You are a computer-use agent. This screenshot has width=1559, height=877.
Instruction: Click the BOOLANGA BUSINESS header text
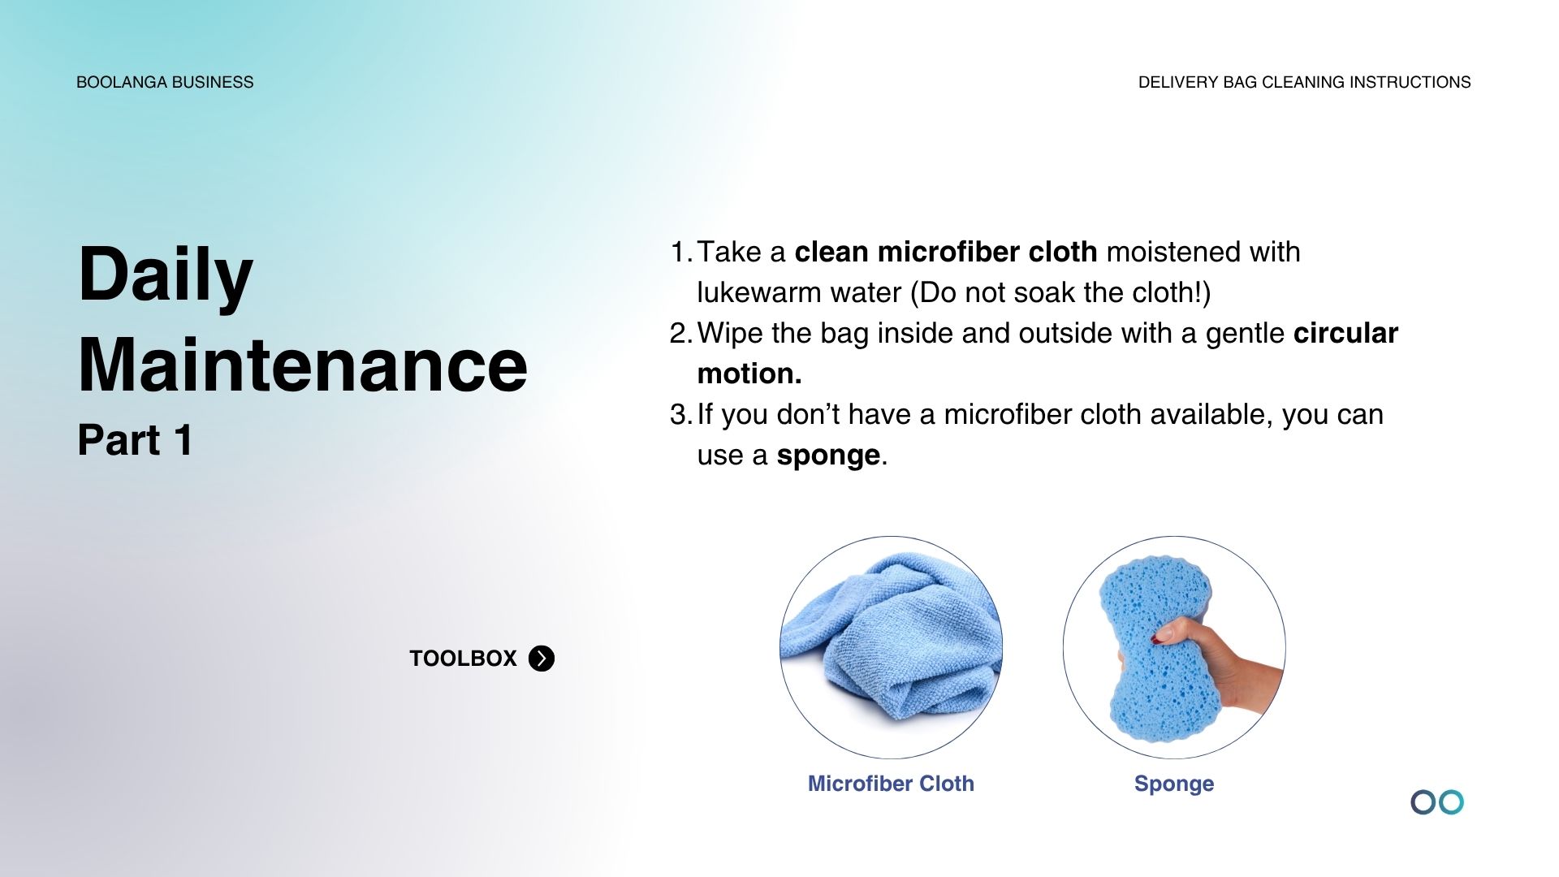tap(165, 82)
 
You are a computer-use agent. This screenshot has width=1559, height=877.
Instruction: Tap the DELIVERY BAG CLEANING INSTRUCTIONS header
tap(1304, 82)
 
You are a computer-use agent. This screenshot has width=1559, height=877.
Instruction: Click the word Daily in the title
tap(166, 276)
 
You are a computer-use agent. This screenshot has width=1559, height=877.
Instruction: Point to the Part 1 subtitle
tap(136, 440)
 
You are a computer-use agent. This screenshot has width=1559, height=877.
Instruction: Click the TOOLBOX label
tap(463, 658)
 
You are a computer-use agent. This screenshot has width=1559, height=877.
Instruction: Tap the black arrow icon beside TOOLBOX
tap(542, 658)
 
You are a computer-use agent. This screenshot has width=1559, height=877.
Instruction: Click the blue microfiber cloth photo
tap(891, 642)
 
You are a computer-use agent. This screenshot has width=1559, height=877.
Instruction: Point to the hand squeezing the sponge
tap(1226, 658)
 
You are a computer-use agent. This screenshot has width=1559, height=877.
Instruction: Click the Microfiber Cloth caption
tap(891, 784)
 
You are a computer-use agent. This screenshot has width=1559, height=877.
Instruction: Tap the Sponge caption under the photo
tap(1174, 784)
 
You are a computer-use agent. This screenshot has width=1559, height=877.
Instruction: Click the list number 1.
tap(681, 253)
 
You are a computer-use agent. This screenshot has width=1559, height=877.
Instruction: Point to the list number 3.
tap(680, 415)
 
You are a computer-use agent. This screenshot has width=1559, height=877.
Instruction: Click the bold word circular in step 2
tap(1345, 334)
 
